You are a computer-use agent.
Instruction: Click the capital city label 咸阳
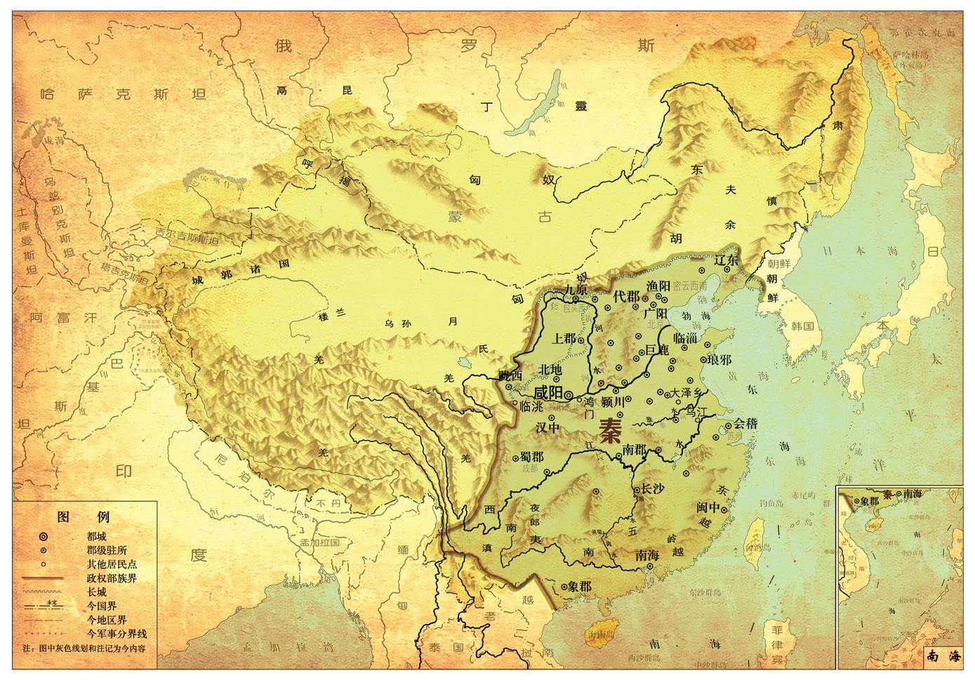548,392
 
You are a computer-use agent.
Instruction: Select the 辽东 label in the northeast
727,260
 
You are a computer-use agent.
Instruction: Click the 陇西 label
510,375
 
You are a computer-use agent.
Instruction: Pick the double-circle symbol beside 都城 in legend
44,536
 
